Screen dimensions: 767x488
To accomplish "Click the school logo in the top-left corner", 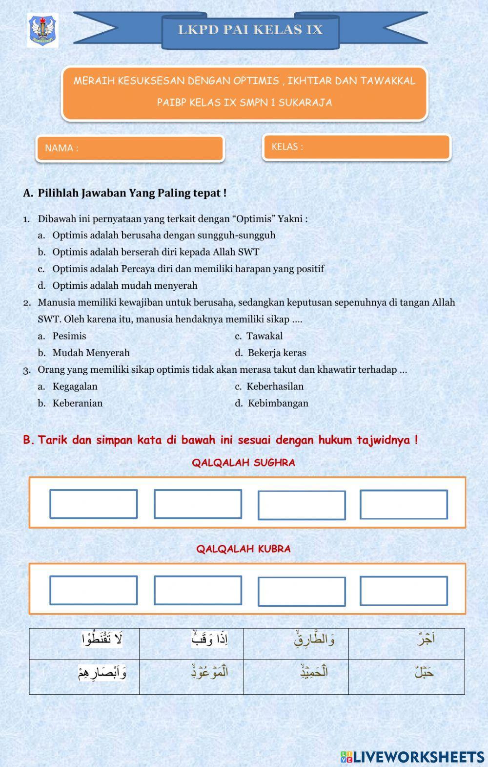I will pyautogui.click(x=43, y=30).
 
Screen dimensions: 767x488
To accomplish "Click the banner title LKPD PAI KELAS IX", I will pyautogui.click(x=250, y=30).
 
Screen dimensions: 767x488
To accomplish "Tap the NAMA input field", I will pyautogui.click(x=130, y=148).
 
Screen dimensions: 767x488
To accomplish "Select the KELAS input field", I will pyautogui.click(x=356, y=147).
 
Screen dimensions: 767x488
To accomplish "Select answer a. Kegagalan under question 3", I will pyautogui.click(x=74, y=386).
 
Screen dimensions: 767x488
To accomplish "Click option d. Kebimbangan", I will pyautogui.click(x=277, y=404).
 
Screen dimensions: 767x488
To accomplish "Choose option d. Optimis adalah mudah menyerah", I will pyautogui.click(x=124, y=286).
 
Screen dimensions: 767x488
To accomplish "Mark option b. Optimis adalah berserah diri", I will pyautogui.click(x=155, y=252).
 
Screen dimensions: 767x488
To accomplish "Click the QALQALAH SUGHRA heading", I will pyautogui.click(x=244, y=463).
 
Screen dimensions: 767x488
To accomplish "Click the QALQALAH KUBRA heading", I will pyautogui.click(x=244, y=549).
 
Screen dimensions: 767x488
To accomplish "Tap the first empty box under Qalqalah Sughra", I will pyautogui.click(x=93, y=504).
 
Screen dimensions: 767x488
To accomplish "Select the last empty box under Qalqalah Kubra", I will pyautogui.click(x=404, y=591).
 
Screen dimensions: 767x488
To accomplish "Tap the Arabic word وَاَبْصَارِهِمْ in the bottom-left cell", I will pyautogui.click(x=102, y=673).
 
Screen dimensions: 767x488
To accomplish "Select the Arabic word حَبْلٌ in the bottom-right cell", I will pyautogui.click(x=424, y=673).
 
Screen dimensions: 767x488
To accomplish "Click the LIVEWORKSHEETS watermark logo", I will pyautogui.click(x=412, y=757).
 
